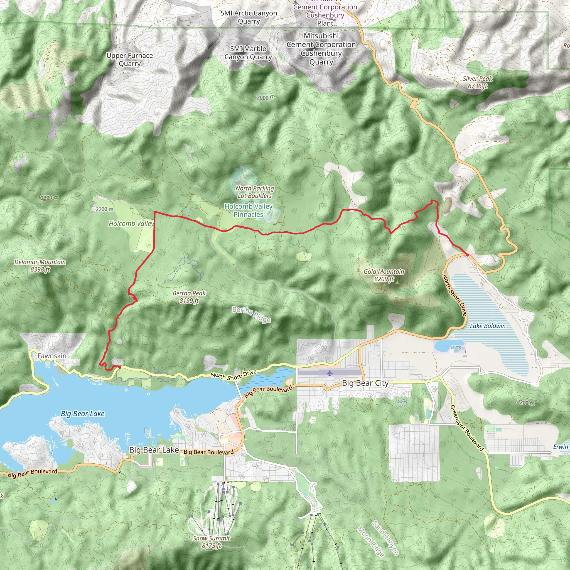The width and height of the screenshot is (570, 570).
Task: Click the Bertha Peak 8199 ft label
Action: tap(189, 297)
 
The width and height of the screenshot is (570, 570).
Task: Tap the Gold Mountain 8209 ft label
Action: tap(384, 275)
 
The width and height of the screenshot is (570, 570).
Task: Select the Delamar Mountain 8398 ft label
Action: tap(40, 266)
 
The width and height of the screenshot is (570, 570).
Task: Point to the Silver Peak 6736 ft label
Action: tap(477, 82)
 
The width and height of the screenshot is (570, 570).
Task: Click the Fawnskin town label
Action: tap(52, 356)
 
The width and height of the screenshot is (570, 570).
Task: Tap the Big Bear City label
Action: tap(365, 383)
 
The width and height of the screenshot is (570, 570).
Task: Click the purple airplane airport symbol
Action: tap(330, 374)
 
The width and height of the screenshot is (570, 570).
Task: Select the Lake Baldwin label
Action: tap(488, 326)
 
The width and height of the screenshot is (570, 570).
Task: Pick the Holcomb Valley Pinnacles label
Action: tap(249, 210)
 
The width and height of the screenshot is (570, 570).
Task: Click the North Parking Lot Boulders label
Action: tap(255, 192)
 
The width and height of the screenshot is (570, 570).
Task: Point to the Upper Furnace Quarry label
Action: tap(130, 60)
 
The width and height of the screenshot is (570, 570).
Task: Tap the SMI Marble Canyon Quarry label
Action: tap(248, 53)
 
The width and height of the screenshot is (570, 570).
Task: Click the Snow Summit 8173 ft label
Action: tap(212, 542)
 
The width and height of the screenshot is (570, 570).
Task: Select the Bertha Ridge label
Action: tap(251, 315)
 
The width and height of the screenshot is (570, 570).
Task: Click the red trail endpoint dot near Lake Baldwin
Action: tap(467, 255)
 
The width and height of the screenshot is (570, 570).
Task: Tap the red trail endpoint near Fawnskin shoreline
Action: tap(119, 367)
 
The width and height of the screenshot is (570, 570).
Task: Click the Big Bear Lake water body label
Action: tap(83, 414)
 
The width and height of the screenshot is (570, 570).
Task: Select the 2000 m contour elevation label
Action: tap(266, 97)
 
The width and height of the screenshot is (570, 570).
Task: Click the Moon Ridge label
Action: tap(370, 541)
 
